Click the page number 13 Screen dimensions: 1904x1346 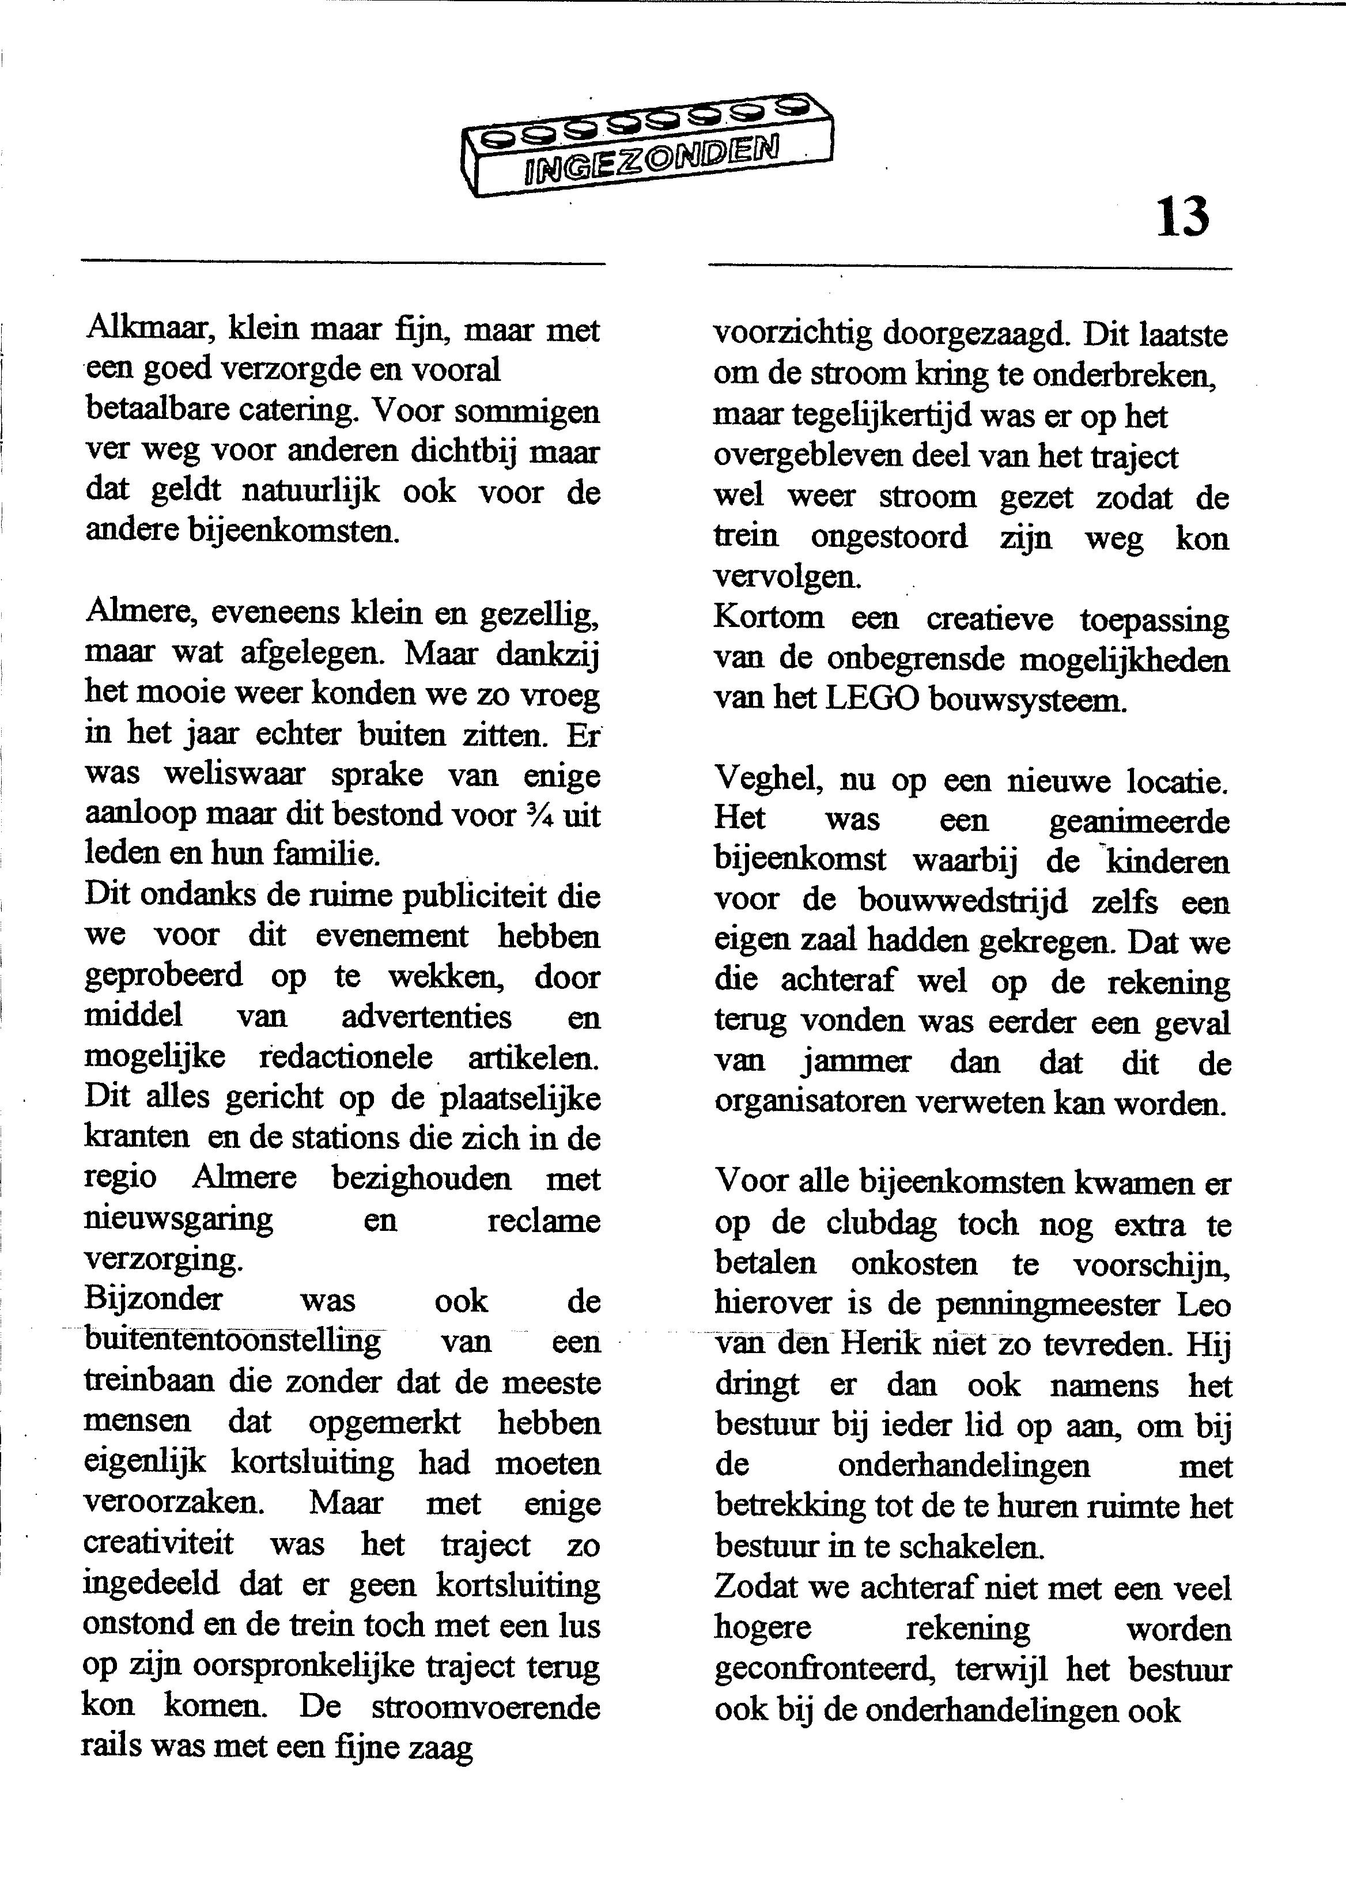1182,217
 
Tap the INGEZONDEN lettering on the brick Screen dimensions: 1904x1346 652,157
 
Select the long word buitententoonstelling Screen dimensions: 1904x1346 233,1341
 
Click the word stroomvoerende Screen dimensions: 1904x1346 485,1707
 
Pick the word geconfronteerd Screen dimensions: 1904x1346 823,1669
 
